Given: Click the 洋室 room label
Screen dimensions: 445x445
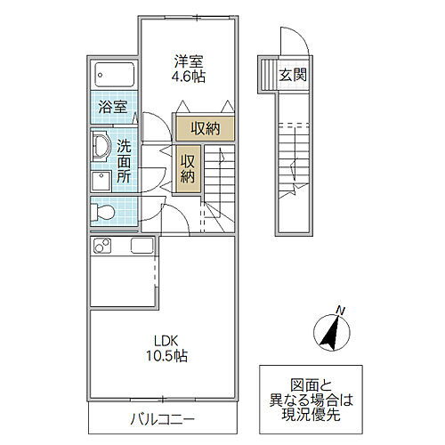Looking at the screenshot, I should (188, 61).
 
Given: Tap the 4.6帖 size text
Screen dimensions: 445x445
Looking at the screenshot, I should (188, 77).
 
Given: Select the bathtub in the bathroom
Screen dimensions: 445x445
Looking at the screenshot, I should (113, 75).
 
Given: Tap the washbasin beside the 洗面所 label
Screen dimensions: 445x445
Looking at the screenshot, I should (100, 147).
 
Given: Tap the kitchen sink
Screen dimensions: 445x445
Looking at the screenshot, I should (142, 246).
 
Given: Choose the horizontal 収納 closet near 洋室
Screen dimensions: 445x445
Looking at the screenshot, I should (204, 128).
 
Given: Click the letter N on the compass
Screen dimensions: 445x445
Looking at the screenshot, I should (339, 310).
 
